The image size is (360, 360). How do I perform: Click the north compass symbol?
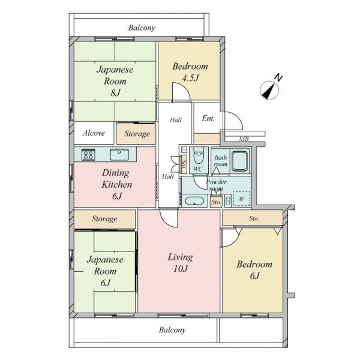[x=269, y=90]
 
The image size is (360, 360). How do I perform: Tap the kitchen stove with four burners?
[x=88, y=154]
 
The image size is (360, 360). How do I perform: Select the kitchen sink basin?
[x=119, y=155]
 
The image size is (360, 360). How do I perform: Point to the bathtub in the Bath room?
[x=239, y=161]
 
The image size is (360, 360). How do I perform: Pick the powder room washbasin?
[x=194, y=201]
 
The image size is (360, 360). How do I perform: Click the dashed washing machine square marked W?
[x=242, y=199]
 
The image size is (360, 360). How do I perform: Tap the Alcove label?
[x=94, y=133]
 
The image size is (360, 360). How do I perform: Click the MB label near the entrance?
[x=244, y=139]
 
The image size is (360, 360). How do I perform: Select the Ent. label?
[x=208, y=118]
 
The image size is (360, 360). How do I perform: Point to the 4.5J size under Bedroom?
[x=190, y=79]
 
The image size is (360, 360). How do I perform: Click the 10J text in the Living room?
[x=181, y=269]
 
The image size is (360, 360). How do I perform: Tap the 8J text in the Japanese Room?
[x=115, y=93]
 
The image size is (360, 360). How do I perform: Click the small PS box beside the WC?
[x=184, y=150]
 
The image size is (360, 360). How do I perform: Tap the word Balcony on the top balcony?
[x=142, y=28]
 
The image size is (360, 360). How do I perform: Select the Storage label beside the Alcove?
[x=137, y=134]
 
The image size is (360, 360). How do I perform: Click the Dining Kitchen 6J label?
[x=116, y=185]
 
